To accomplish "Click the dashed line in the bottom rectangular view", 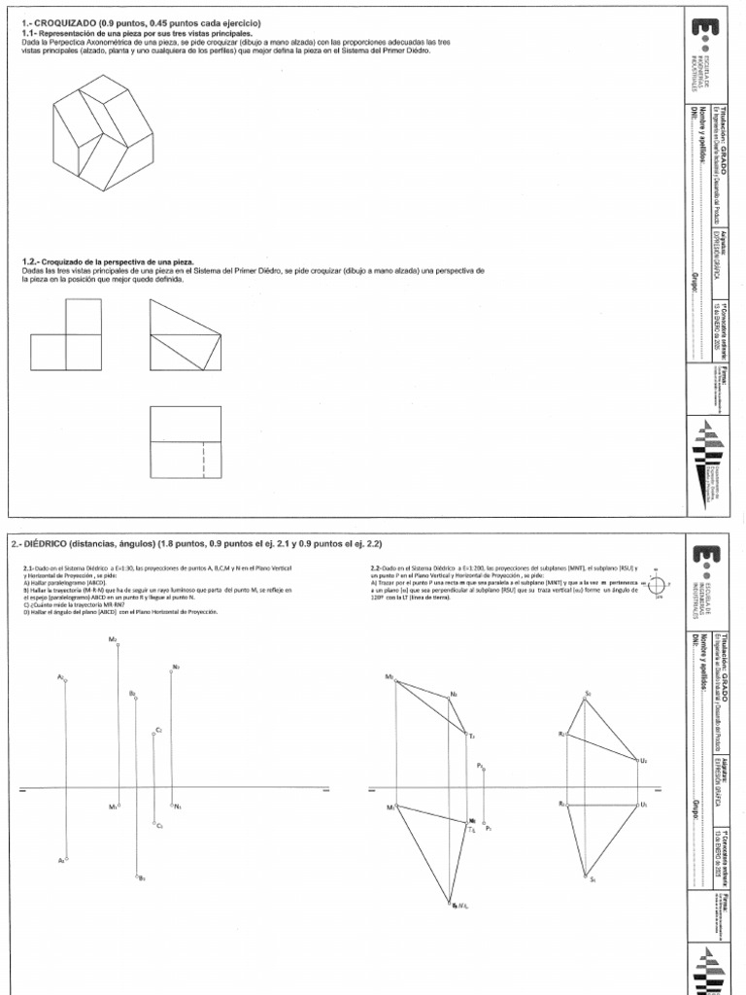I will pyautogui.click(x=203, y=457).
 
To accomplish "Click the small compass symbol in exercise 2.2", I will pyautogui.click(x=658, y=584).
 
